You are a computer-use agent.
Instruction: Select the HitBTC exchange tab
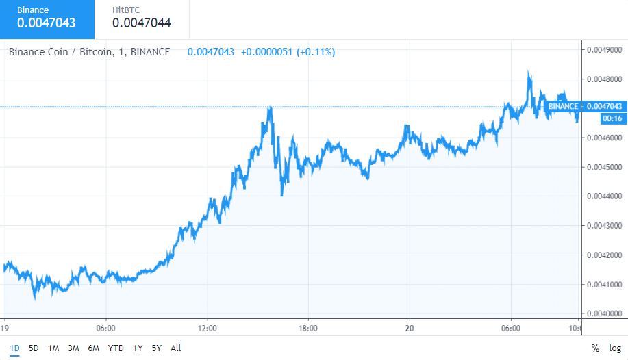pyautogui.click(x=141, y=18)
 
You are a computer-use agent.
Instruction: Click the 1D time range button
pyautogui.click(x=14, y=348)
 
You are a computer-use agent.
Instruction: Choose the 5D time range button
pyautogui.click(x=34, y=348)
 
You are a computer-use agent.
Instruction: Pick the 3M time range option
pyautogui.click(x=73, y=348)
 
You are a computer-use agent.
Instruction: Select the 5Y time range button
pyautogui.click(x=156, y=348)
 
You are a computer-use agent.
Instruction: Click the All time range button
pyautogui.click(x=176, y=348)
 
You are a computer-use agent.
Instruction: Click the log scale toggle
pyautogui.click(x=615, y=348)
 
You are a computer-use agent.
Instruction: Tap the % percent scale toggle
pyautogui.click(x=595, y=348)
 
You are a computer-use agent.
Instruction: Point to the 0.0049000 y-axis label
pyautogui.click(x=604, y=50)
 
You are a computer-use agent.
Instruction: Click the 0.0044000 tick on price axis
pyautogui.click(x=604, y=196)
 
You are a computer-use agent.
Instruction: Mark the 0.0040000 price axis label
pyautogui.click(x=604, y=314)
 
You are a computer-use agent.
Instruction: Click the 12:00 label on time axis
pyautogui.click(x=207, y=328)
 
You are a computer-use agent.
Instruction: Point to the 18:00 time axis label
pyautogui.click(x=308, y=328)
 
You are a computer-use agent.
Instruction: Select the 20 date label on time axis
pyautogui.click(x=409, y=328)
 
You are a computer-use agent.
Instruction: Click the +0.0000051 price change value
pyautogui.click(x=266, y=52)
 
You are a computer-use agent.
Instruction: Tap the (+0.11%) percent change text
pyautogui.click(x=316, y=52)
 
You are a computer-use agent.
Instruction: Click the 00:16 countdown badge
pyautogui.click(x=611, y=118)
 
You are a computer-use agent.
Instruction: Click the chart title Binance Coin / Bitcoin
pyautogui.click(x=89, y=52)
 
